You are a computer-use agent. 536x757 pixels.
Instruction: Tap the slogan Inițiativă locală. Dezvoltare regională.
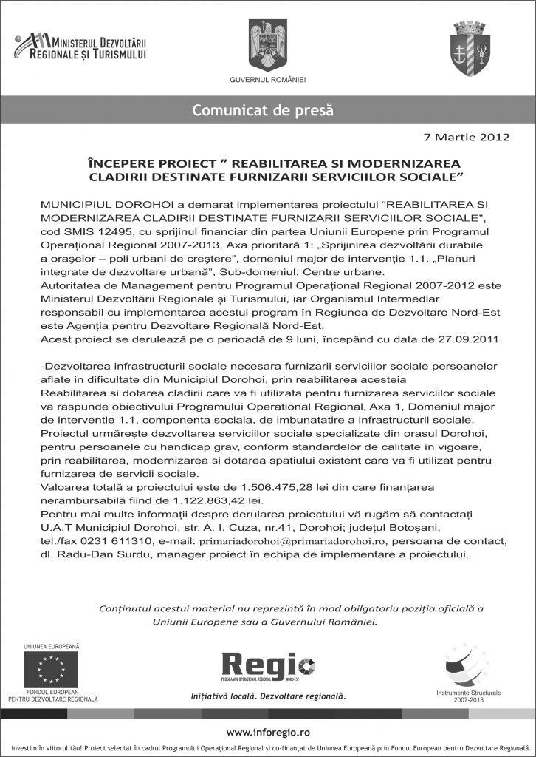[267, 696]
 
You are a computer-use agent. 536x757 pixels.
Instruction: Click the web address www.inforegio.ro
[267, 732]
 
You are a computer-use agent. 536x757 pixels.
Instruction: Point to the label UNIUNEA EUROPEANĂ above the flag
[52, 646]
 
